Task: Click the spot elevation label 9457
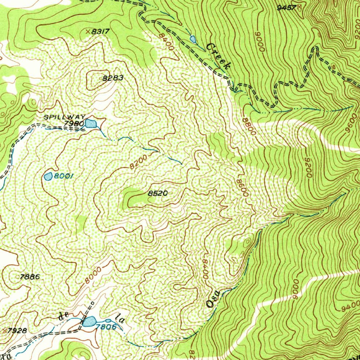[287, 7]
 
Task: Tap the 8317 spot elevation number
[101, 32]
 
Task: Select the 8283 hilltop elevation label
[113, 78]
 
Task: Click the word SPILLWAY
[64, 117]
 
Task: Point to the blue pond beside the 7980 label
[91, 123]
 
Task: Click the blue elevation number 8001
[63, 176]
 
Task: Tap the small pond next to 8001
[48, 176]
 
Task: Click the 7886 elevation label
[30, 277]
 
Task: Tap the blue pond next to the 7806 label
[89, 321]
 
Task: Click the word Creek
[219, 56]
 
